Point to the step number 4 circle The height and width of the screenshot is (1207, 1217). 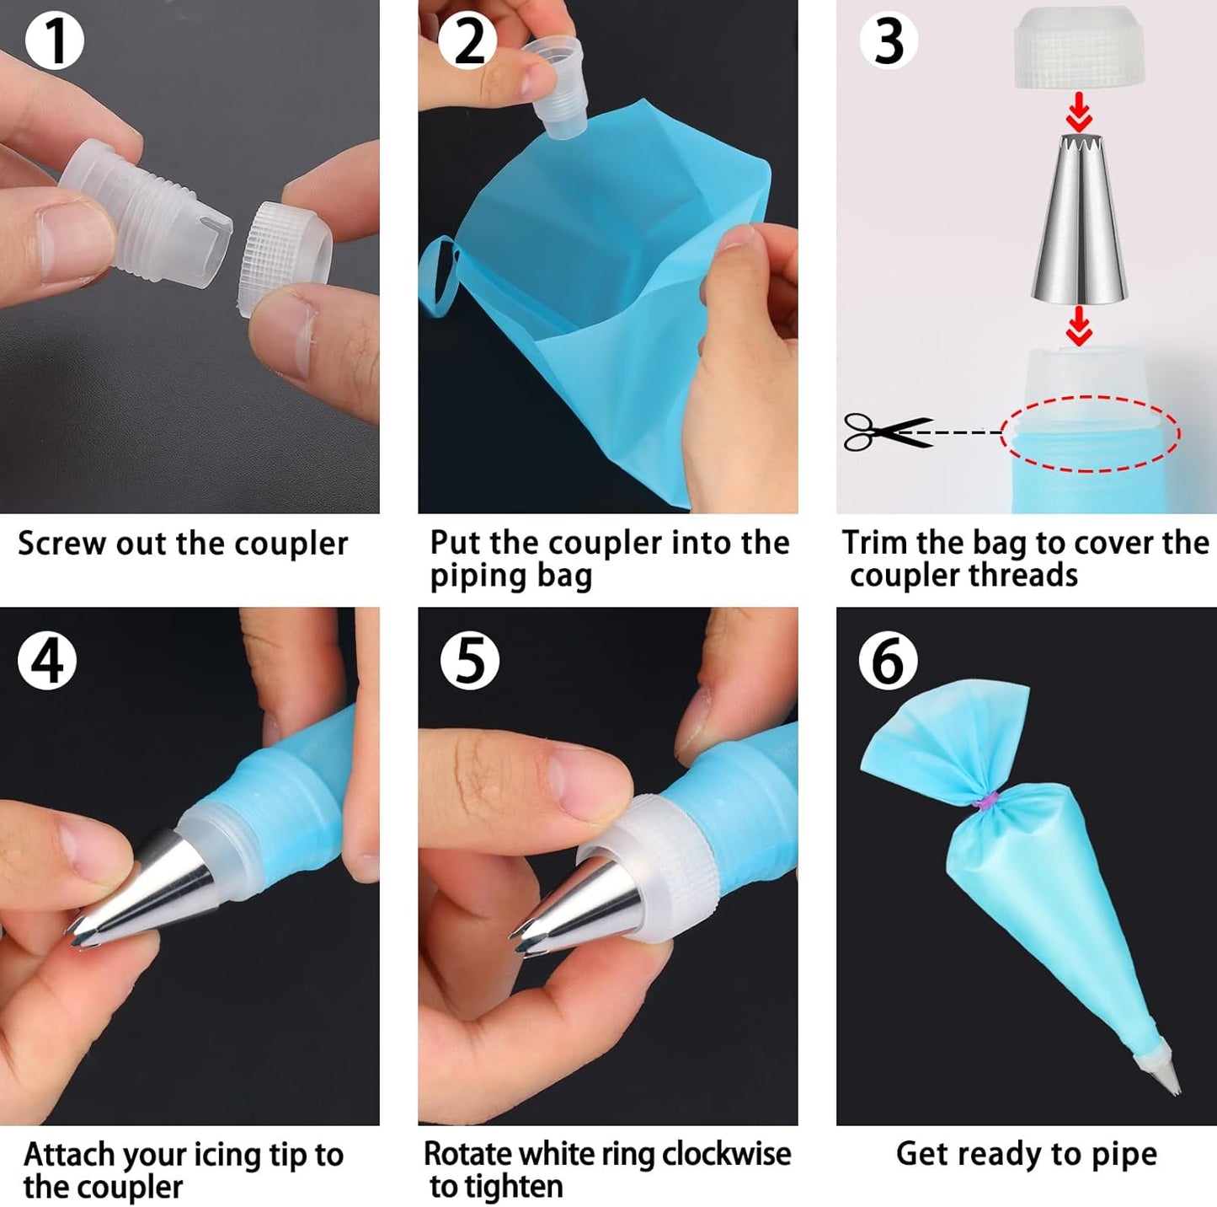click(x=47, y=660)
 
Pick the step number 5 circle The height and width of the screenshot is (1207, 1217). click(x=469, y=660)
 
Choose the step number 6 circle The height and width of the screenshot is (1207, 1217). click(x=888, y=660)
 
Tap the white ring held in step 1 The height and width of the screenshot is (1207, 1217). click(x=286, y=257)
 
